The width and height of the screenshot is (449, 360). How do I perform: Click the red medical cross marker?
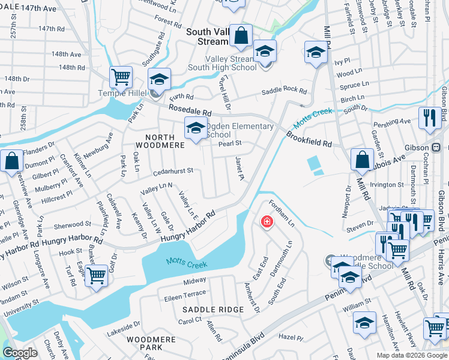pyautogui.click(x=266, y=223)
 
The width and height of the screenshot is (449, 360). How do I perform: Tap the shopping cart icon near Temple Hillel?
pyautogui.click(x=121, y=77)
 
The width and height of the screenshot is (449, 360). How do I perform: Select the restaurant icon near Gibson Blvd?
pyautogui.click(x=430, y=118)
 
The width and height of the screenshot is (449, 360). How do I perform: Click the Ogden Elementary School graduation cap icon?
pyautogui.click(x=195, y=128)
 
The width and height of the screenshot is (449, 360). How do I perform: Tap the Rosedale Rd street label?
pyautogui.click(x=190, y=110)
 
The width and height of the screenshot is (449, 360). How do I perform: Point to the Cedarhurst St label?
pyautogui.click(x=173, y=170)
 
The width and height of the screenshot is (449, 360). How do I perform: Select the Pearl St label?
pyautogui.click(x=229, y=143)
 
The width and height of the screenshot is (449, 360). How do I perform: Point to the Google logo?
pyautogui.click(x=20, y=353)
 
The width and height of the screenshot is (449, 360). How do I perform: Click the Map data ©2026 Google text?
pyautogui.click(x=412, y=355)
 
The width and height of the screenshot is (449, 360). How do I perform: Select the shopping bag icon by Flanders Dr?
pyautogui.click(x=11, y=161)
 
